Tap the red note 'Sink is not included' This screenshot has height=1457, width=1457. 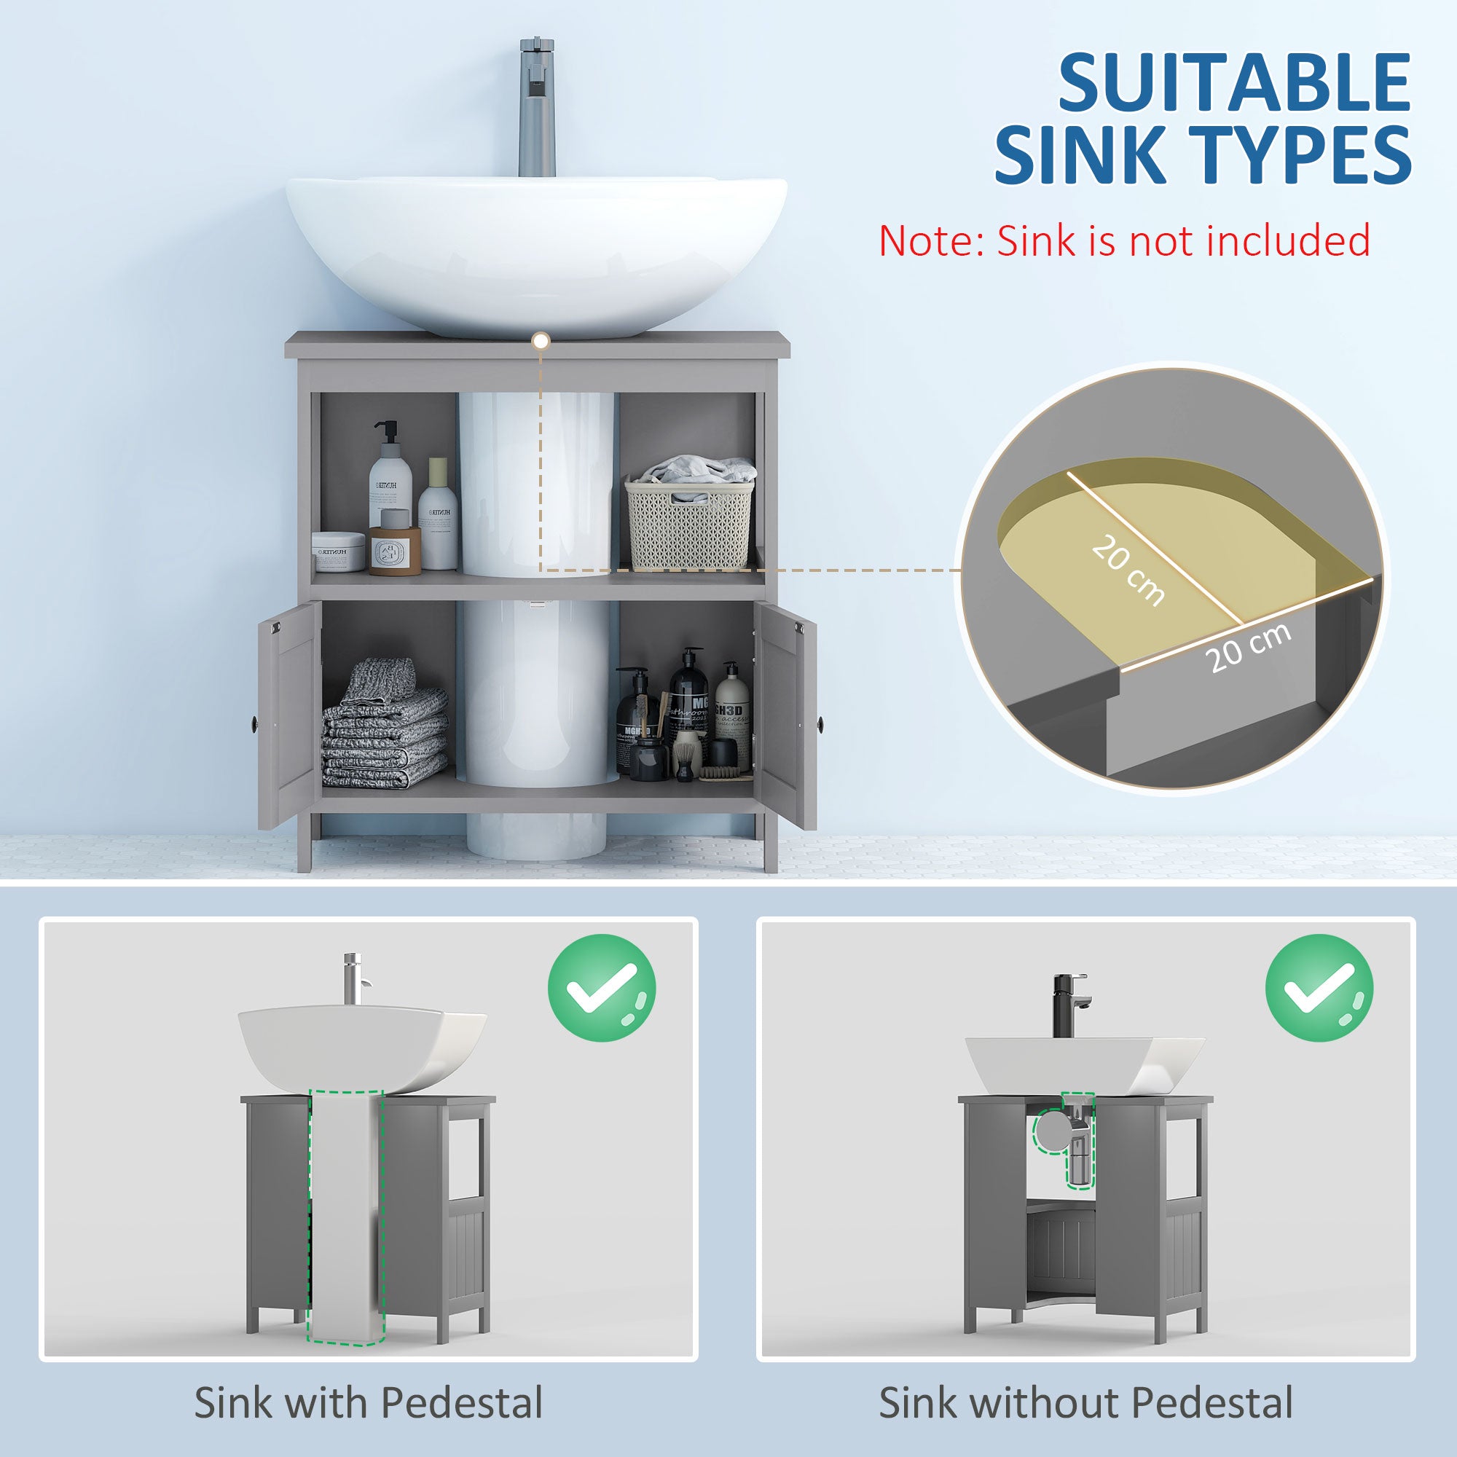point(1123,240)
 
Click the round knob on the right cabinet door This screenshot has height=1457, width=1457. point(820,724)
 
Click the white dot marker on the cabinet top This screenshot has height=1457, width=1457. point(540,341)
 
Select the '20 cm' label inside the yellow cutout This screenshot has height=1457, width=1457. point(1128,570)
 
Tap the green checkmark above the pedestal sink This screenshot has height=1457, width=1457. point(601,988)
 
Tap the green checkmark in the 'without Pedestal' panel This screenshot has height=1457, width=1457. point(1319,988)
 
